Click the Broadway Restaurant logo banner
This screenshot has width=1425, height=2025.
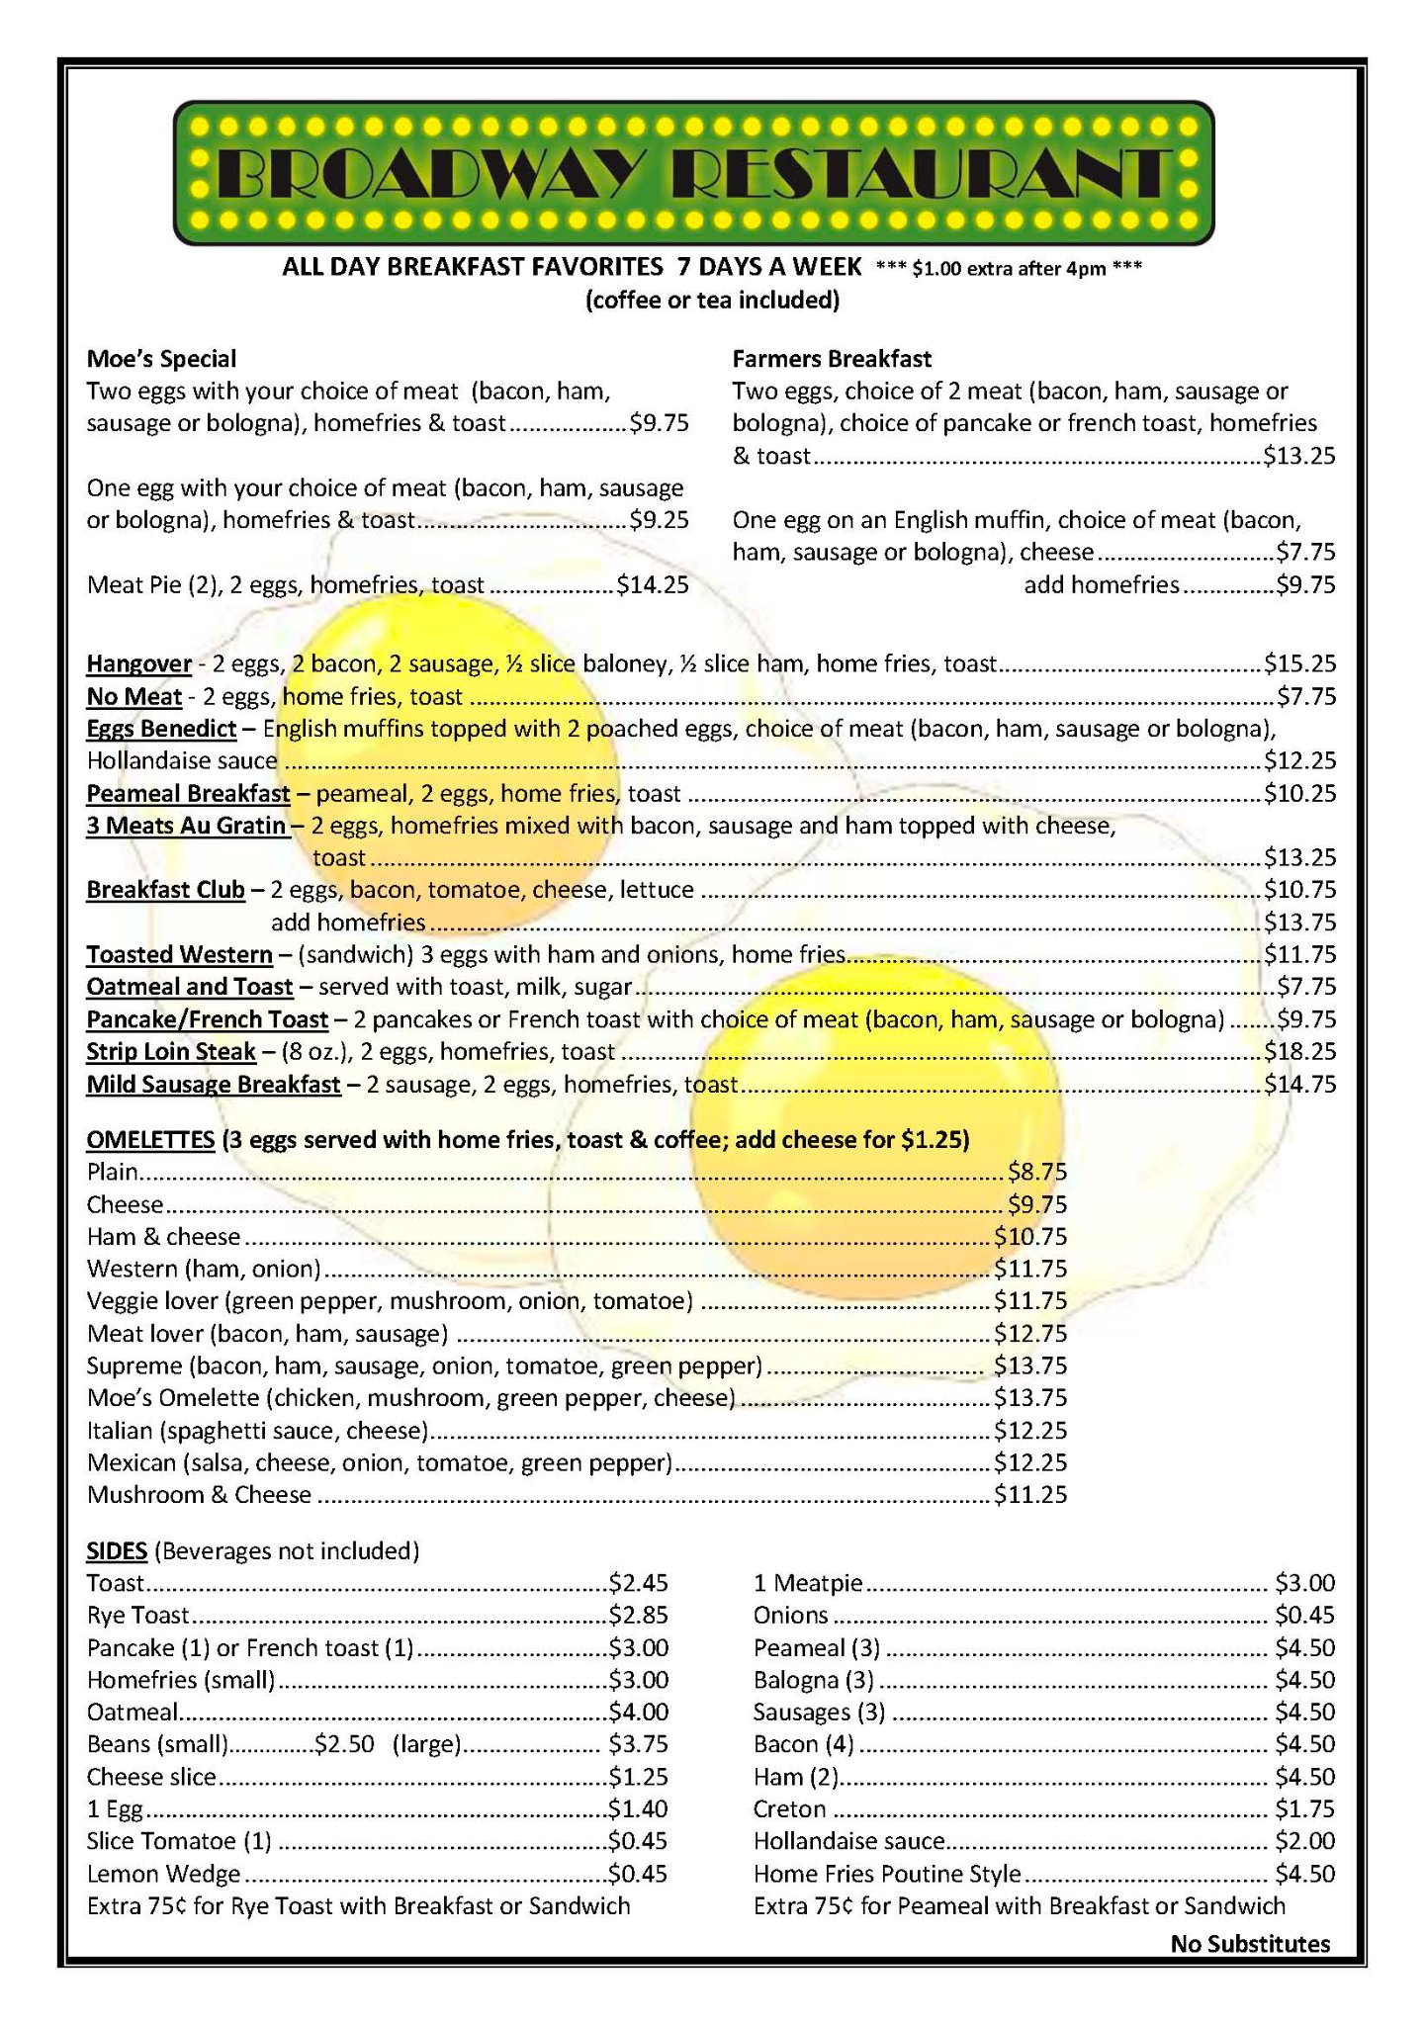693,173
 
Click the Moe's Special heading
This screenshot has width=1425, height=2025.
161,359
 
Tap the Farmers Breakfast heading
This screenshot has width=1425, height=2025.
832,359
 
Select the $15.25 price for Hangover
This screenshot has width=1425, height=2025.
1299,663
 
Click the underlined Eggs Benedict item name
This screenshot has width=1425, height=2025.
161,729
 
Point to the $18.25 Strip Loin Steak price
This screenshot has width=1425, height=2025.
1299,1051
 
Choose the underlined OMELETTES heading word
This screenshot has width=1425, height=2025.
150,1139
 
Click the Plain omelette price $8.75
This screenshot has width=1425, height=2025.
1037,1172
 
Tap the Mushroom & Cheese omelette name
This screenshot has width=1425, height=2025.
199,1494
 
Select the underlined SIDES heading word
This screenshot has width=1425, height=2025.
117,1550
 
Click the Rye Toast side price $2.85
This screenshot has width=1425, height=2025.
638,1615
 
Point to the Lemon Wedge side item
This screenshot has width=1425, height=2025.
163,1874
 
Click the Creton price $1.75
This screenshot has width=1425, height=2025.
1304,1808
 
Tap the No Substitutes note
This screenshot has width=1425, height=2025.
1250,1944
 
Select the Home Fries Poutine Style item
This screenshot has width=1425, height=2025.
886,1874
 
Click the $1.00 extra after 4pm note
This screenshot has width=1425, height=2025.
1009,268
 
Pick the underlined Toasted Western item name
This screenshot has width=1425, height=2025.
179,954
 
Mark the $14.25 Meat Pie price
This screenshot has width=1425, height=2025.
653,584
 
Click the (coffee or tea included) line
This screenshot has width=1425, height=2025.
712,300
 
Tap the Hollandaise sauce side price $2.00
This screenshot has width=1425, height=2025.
1304,1841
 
